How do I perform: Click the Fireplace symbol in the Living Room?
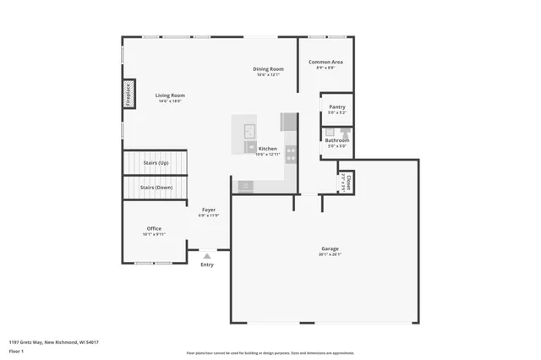[x=128, y=94]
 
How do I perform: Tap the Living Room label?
[x=170, y=95]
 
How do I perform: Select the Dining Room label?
[x=268, y=68]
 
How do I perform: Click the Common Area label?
[x=325, y=62]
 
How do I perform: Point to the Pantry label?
[x=336, y=107]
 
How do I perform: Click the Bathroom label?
[x=336, y=140]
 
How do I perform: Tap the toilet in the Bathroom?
[x=345, y=132]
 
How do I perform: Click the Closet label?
[x=347, y=181]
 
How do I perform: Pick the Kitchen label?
[x=267, y=149]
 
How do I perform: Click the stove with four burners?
[x=291, y=154]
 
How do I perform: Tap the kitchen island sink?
[x=249, y=131]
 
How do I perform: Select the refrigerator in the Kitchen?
[x=289, y=121]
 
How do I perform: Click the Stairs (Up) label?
[x=155, y=162]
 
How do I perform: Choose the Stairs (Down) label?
[x=156, y=187]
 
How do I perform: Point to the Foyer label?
[x=208, y=210]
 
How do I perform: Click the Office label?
[x=154, y=228]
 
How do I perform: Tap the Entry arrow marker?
[x=207, y=255]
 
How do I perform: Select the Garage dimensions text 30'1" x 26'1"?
[x=330, y=254]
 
